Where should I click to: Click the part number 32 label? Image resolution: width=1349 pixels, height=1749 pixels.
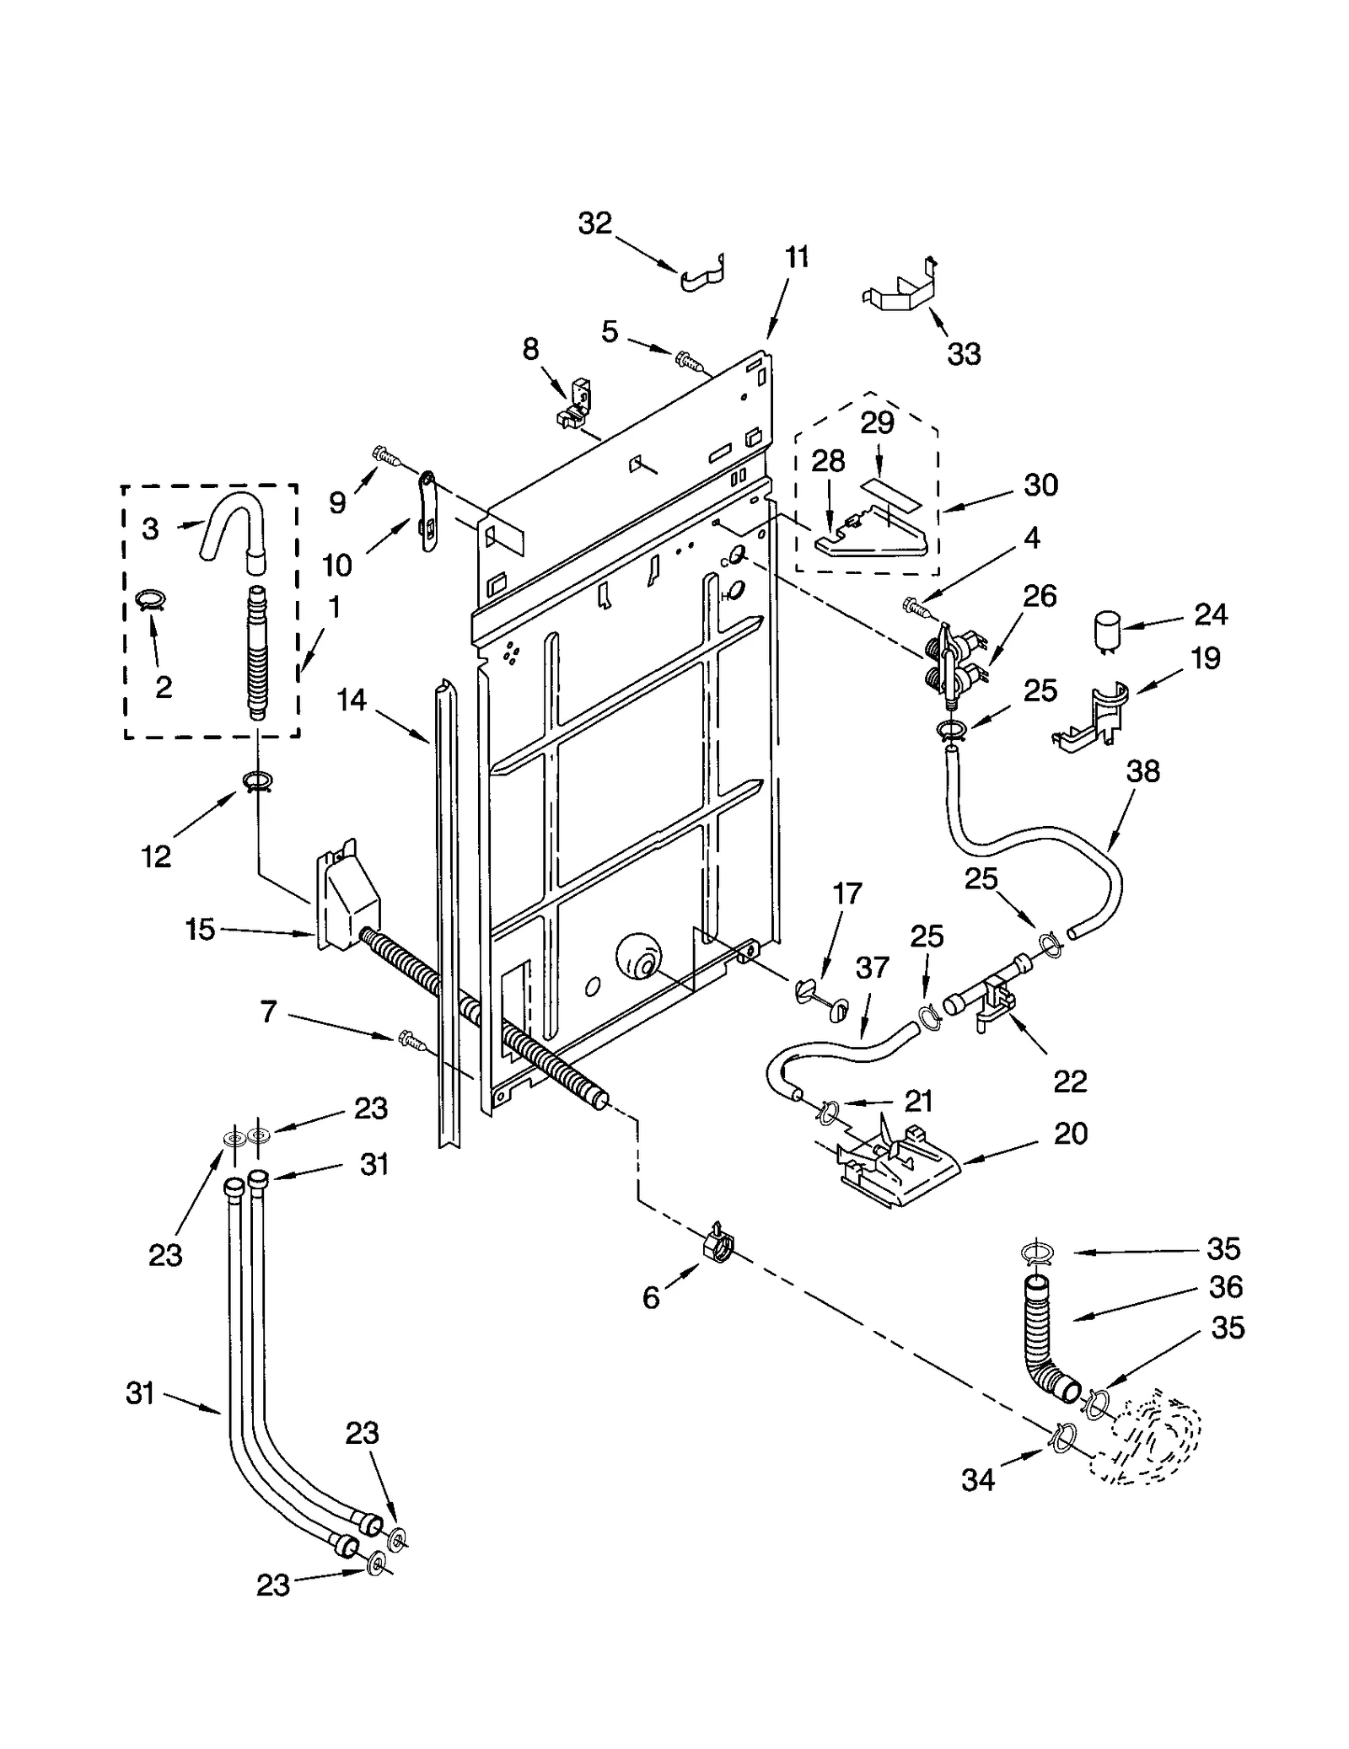[594, 223]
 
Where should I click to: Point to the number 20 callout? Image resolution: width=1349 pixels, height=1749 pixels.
[1070, 1134]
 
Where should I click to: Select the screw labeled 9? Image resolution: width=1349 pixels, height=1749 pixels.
[385, 456]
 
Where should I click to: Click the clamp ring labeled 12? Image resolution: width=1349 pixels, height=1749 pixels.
[258, 782]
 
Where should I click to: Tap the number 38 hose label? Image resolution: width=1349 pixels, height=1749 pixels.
[1142, 771]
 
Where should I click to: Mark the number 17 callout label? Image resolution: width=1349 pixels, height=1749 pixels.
[847, 893]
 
